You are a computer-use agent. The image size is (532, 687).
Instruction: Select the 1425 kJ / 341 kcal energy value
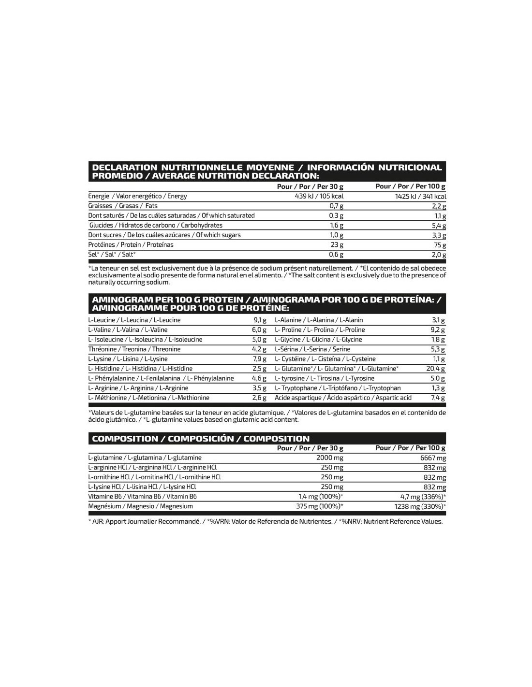(420, 197)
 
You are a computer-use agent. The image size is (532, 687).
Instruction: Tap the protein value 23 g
(337, 245)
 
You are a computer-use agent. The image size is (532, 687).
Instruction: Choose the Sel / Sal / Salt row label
(112, 254)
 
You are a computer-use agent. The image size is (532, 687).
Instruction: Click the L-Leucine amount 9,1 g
(260, 320)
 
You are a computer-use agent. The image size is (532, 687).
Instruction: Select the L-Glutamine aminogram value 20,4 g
(435, 369)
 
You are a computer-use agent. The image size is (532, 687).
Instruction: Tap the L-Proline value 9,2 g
(438, 330)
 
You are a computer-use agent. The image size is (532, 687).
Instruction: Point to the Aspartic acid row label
(343, 398)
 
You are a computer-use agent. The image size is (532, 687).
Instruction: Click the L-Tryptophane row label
(338, 388)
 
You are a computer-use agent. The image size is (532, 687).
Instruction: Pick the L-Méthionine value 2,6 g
(259, 398)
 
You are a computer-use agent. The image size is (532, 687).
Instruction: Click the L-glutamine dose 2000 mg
(329, 458)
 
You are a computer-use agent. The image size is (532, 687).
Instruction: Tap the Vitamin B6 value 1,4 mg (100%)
(321, 497)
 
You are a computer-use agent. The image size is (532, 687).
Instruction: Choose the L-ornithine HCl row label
(154, 477)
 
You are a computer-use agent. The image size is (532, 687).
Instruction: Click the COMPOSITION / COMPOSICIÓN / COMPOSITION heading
(200, 439)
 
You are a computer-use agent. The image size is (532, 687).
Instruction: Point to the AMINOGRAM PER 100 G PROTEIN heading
(266, 303)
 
